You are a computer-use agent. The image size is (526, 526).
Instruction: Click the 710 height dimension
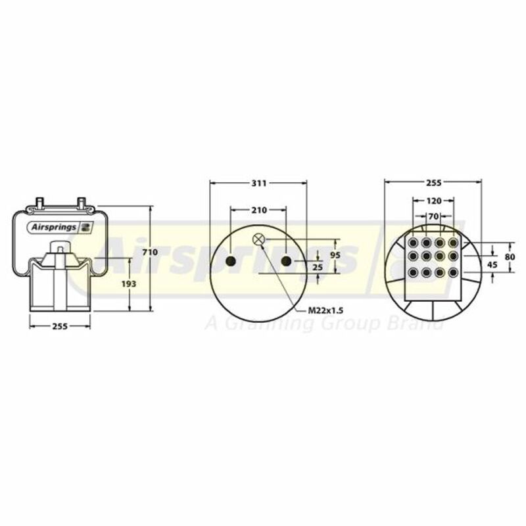pos(150,252)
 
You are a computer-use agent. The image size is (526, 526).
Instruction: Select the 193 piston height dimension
pos(129,284)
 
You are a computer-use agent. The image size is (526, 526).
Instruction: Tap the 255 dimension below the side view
pos(60,326)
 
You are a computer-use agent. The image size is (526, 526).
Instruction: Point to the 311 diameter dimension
pos(259,183)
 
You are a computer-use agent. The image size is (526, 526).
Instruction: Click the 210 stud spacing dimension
pos(259,210)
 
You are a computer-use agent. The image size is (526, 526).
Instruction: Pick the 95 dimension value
pos(335,255)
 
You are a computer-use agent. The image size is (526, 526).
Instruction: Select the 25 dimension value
pos(318,268)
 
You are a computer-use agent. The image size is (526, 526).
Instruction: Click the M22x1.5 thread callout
pos(325,310)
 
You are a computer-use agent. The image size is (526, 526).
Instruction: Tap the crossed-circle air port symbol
pos(258,239)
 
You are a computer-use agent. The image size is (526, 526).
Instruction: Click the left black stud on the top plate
pos(231,261)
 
